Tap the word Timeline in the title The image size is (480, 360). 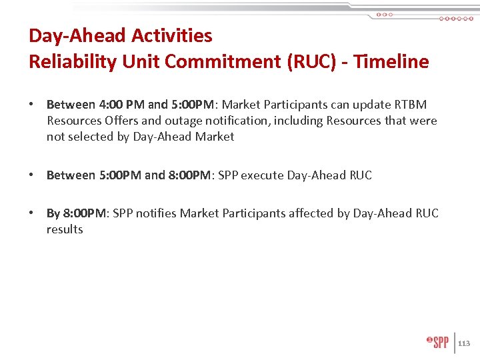(x=391, y=62)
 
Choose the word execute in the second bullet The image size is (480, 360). (x=262, y=175)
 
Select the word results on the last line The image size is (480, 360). (x=65, y=229)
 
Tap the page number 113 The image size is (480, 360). (x=464, y=343)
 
